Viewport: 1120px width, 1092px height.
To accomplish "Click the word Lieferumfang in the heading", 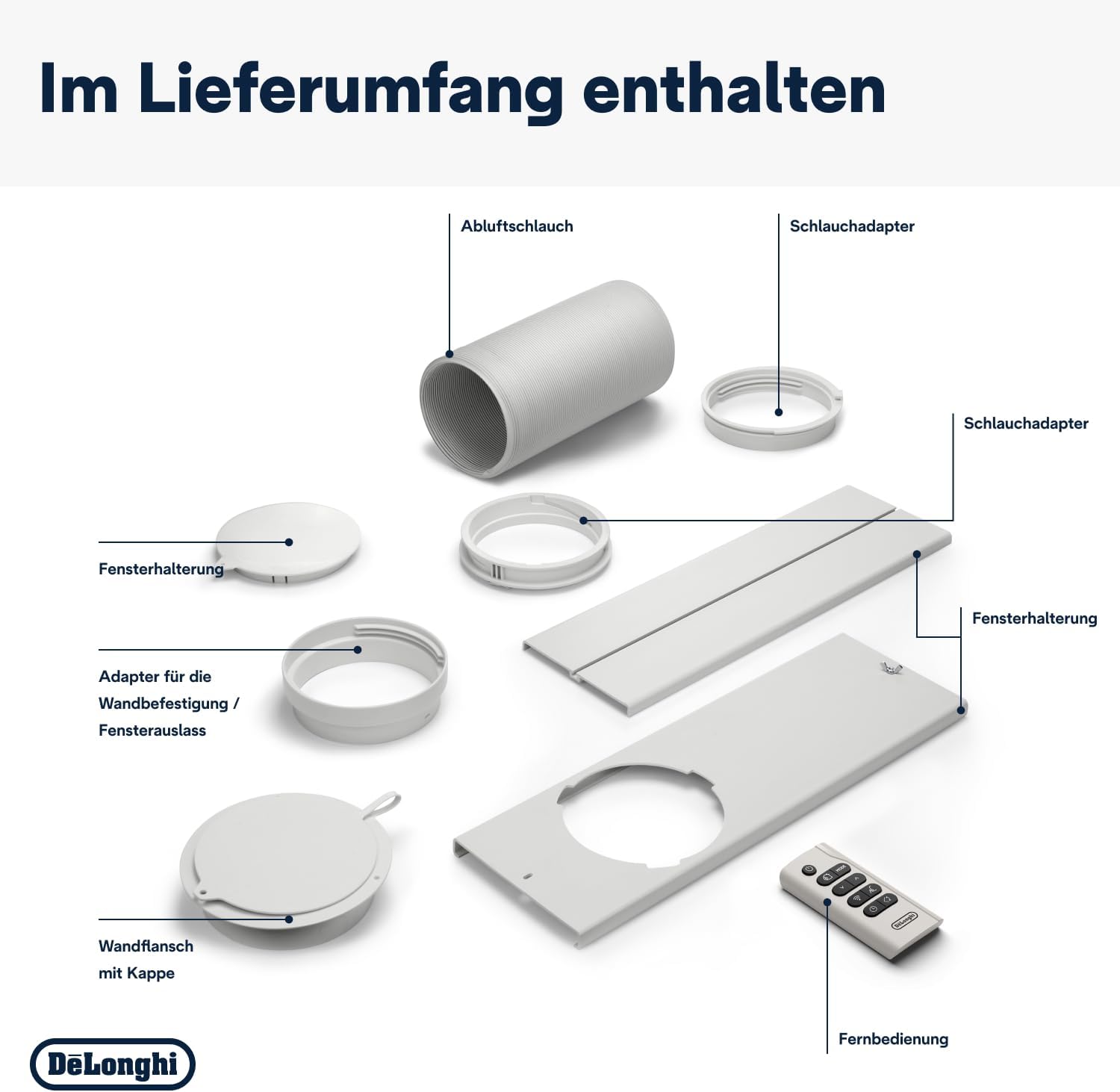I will [x=351, y=88].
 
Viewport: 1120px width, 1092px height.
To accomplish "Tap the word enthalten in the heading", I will [x=733, y=88].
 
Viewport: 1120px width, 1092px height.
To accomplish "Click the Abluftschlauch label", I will [x=517, y=226].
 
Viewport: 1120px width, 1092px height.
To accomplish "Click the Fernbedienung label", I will [x=893, y=1039].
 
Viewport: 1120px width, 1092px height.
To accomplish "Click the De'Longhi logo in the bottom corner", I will [x=113, y=1064].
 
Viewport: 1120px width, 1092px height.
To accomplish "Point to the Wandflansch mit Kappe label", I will [x=146, y=959].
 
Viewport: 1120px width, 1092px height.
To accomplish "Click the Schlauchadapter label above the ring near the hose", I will [x=851, y=226].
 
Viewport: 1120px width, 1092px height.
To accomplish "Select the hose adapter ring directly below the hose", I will [x=535, y=539].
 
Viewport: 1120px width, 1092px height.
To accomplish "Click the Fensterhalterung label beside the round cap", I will [x=161, y=569].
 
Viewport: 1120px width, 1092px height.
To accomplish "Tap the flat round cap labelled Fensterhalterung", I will [x=290, y=539].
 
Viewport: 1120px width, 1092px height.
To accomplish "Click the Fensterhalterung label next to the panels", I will [x=1034, y=618].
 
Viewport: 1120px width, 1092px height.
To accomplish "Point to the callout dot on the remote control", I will [x=827, y=902].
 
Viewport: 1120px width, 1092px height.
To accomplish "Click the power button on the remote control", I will [x=809, y=869].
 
